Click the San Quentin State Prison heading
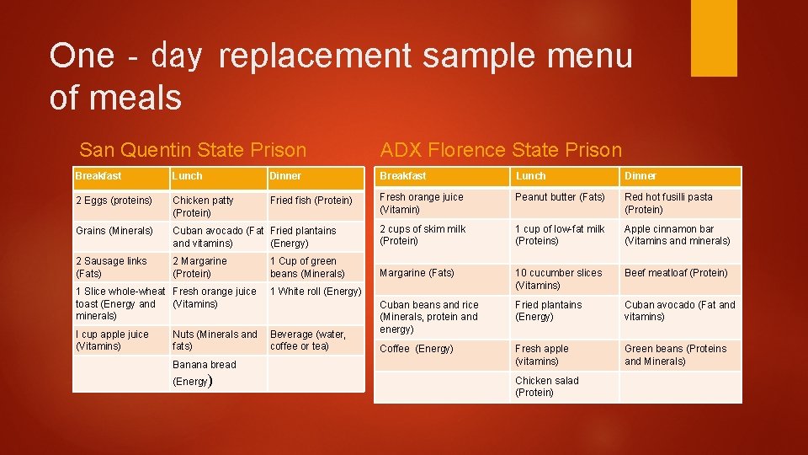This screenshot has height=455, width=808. coord(193,151)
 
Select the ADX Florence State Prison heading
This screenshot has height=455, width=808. coord(501,151)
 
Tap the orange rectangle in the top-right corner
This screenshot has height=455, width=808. coord(714,38)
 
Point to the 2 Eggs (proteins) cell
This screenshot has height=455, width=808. coord(114,201)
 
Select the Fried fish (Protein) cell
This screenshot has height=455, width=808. coord(311,201)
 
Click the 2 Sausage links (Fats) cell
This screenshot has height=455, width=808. coord(111,267)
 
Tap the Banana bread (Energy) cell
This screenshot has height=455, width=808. coord(205,372)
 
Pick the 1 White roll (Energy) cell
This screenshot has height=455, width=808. coord(316,292)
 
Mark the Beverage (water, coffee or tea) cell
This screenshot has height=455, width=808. coord(308,340)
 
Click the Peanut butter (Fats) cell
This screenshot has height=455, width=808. coord(560,197)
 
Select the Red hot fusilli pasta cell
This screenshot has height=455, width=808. coord(668,203)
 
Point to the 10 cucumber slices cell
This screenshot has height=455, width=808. coord(559,279)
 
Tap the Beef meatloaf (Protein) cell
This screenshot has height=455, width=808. coord(676,273)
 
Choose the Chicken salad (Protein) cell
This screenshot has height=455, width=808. coord(547,386)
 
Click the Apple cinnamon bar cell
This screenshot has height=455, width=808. coord(678,235)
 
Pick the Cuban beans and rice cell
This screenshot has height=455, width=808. coord(429,317)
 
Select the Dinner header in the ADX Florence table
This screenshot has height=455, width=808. coord(641,176)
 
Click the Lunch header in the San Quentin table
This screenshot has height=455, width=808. coord(188,176)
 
